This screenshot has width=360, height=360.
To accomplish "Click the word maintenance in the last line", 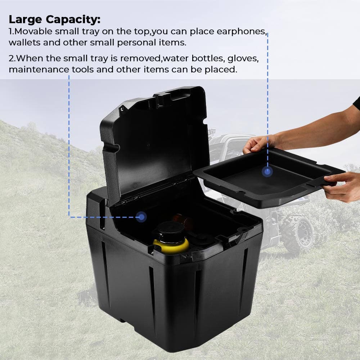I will [x=34, y=69].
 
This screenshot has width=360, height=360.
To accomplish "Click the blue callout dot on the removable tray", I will [x=267, y=172].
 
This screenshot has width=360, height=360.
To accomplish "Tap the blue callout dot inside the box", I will [x=141, y=217].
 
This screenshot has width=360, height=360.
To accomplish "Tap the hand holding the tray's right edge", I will [x=340, y=185].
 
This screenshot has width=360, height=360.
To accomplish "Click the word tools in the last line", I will [x=85, y=69].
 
